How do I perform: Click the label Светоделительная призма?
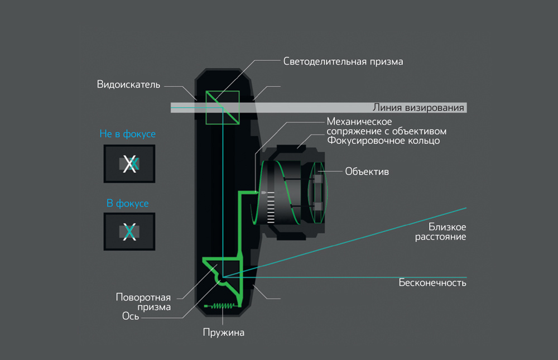pyautogui.click(x=343, y=61)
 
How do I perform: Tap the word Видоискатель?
pyautogui.click(x=129, y=85)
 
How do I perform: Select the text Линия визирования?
pyautogui.click(x=419, y=108)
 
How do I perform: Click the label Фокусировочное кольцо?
pyautogui.click(x=383, y=141)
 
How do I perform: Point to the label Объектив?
pyautogui.click(x=367, y=171)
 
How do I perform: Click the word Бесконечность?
pyautogui.click(x=432, y=282)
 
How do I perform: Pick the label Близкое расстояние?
pyautogui.click(x=447, y=232)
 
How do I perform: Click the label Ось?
pyautogui.click(x=131, y=316)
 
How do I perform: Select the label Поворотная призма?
pyautogui.click(x=143, y=301)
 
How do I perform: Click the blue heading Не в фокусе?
pyautogui.click(x=127, y=134)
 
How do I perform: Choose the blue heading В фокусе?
pyautogui.click(x=128, y=203)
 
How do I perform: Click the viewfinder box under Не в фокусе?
pyautogui.click(x=129, y=164)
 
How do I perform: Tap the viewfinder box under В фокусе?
pyautogui.click(x=129, y=231)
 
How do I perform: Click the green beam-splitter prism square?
pyautogui.click(x=222, y=108)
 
